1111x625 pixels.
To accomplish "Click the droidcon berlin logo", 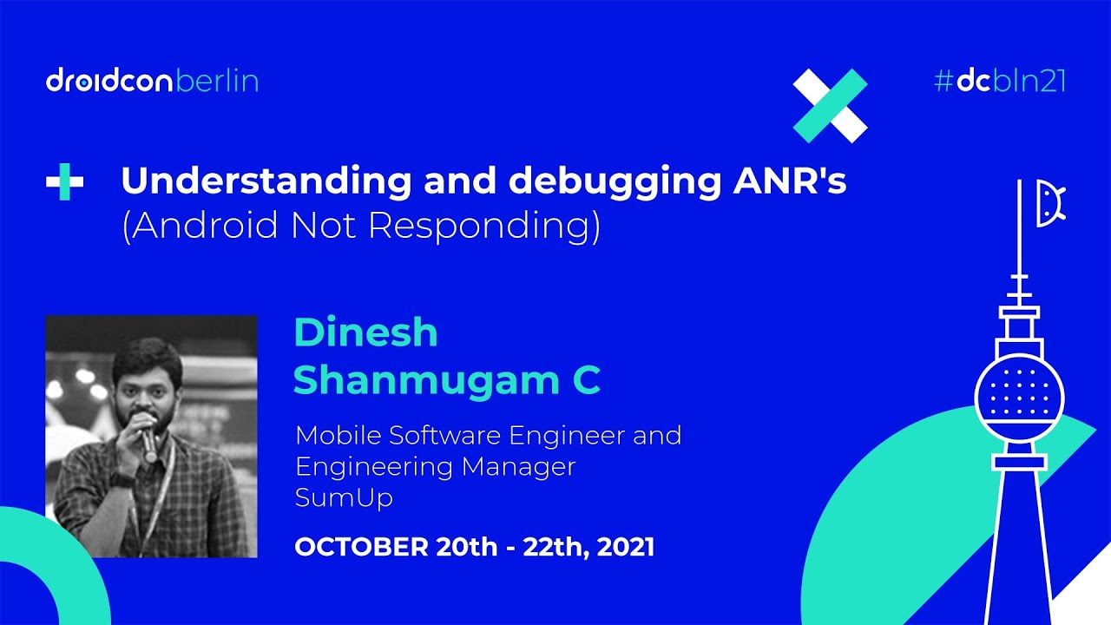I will tap(152, 82).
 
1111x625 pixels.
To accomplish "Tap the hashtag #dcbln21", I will tap(999, 82).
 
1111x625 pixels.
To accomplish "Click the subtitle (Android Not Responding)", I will tap(360, 226).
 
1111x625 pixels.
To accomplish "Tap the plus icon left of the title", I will tap(65, 183).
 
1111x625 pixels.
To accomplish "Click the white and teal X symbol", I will tap(830, 105).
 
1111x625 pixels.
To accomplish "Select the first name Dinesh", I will tap(365, 333).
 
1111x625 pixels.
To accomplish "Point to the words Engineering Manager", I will tap(435, 467).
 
